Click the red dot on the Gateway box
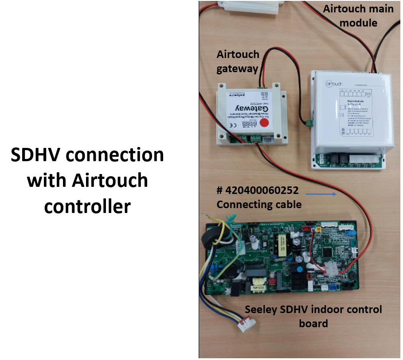[265, 123]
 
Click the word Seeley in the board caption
[262, 310]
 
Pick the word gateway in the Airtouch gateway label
[237, 68]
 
